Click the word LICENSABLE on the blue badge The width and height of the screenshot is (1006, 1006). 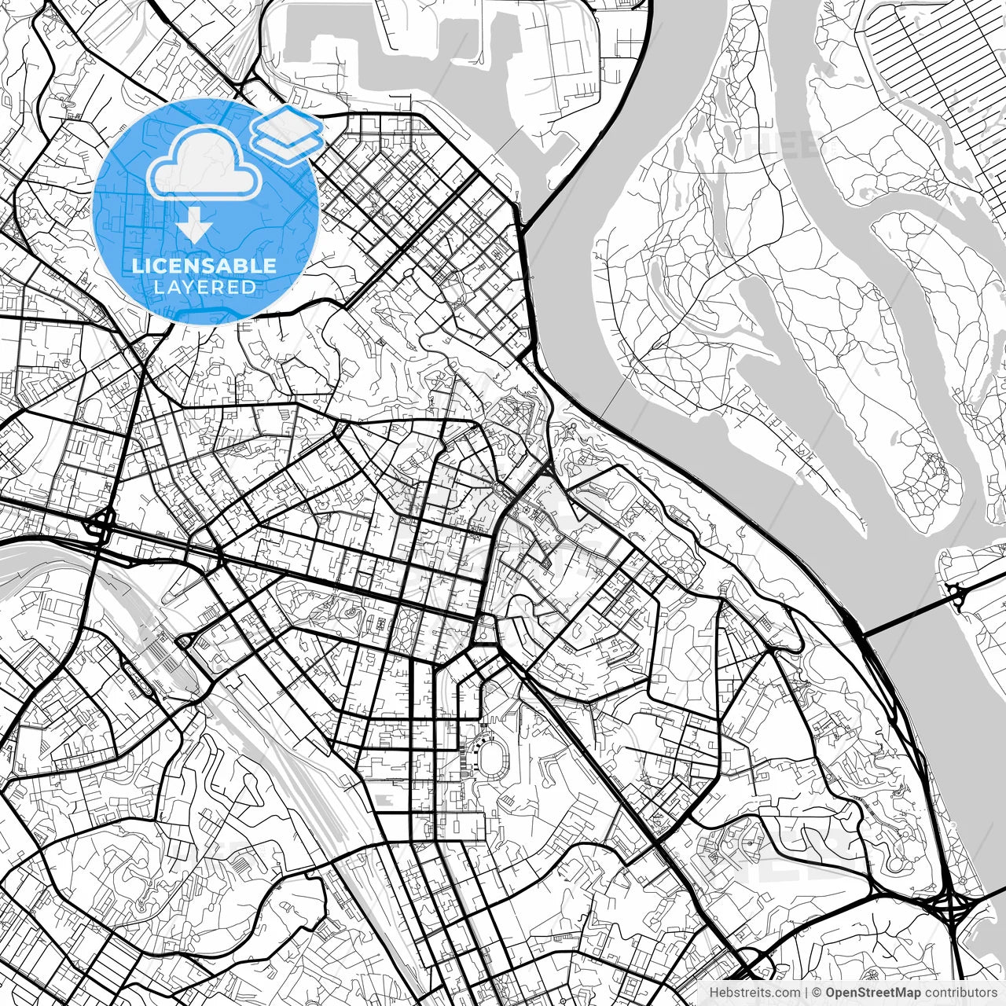pos(204,266)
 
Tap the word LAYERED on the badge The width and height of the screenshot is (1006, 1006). pos(204,288)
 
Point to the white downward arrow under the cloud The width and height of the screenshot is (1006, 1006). pos(194,227)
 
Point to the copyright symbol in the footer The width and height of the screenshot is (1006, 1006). pos(817,993)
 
